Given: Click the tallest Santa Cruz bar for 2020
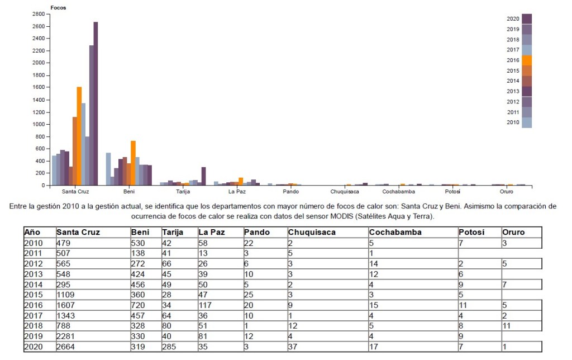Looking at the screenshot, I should coord(96,103).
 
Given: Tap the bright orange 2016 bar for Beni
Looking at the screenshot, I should coord(133,163).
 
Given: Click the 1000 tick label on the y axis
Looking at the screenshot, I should coord(39,124).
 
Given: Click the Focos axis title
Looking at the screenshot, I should coord(58,8).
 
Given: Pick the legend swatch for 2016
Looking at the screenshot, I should coord(526,60).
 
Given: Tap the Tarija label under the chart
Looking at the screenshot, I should coord(183,191).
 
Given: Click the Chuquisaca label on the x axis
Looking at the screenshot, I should coord(344,191).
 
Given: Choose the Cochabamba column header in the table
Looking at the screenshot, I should coord(395,232).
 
